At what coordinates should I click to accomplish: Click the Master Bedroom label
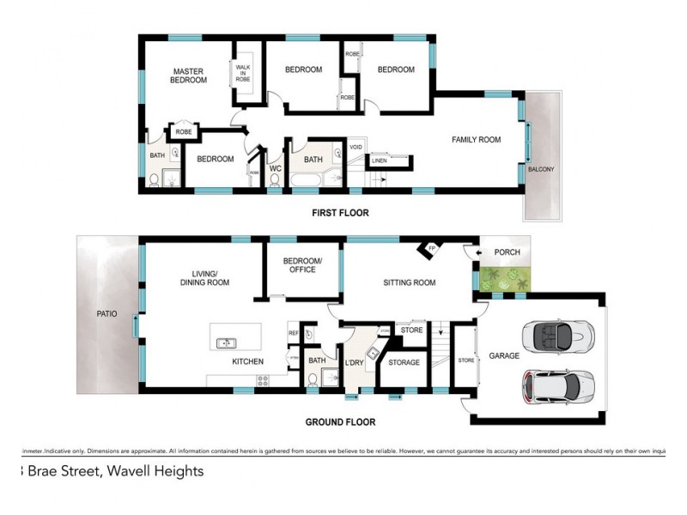coord(189,76)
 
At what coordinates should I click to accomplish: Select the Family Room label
coord(477,139)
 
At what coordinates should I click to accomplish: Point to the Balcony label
coord(541,169)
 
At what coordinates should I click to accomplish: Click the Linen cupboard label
coord(379,160)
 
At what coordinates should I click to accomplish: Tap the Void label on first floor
coord(356,147)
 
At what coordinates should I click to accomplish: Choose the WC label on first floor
coord(275,167)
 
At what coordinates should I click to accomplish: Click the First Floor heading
coord(340,212)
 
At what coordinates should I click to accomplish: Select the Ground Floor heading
coord(340,422)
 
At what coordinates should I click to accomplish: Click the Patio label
coord(106,314)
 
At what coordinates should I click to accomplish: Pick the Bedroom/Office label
coord(302,264)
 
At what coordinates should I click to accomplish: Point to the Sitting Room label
coord(409,282)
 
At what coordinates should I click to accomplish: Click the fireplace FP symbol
coord(428,249)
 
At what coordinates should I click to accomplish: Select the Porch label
coord(507,252)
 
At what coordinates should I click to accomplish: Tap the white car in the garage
coord(557,387)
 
